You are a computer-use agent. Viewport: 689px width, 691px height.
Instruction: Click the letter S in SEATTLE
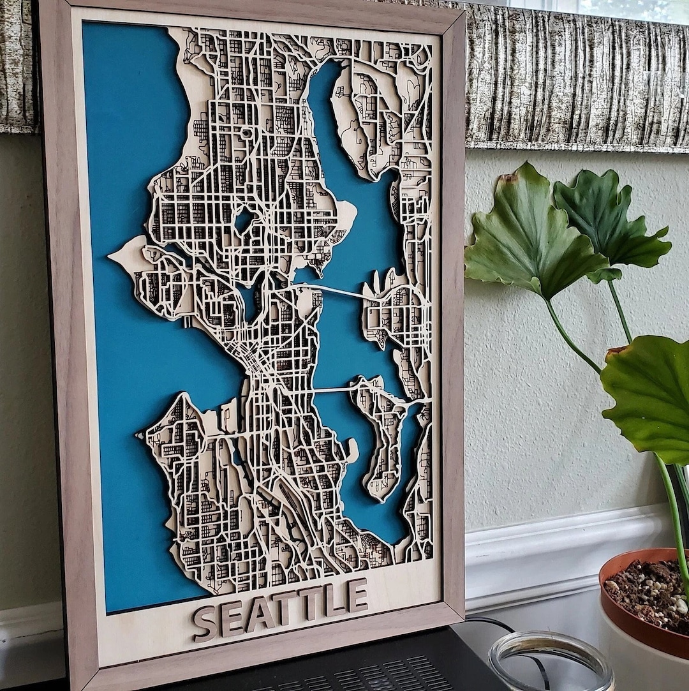point(205,623)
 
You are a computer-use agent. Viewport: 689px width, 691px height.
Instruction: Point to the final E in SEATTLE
point(357,595)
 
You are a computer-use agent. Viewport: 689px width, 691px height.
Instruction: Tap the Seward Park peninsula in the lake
point(352,450)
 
